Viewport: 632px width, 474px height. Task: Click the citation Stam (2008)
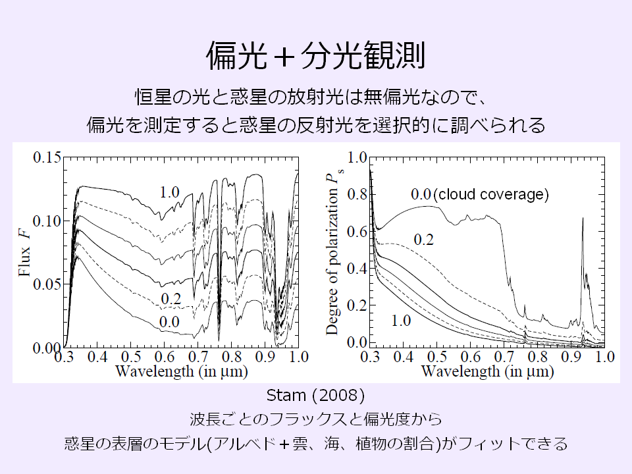click(x=315, y=396)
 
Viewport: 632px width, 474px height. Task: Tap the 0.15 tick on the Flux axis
click(x=47, y=157)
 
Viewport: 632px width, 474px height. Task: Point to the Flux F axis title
click(x=25, y=252)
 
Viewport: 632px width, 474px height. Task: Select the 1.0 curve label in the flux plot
click(x=169, y=192)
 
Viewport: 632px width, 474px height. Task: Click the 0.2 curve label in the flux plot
click(x=171, y=299)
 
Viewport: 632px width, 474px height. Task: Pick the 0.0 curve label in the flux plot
click(x=169, y=322)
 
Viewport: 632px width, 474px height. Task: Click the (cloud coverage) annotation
click(x=491, y=194)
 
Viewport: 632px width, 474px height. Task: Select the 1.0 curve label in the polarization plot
click(x=402, y=321)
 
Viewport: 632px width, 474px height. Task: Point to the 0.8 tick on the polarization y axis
click(x=357, y=194)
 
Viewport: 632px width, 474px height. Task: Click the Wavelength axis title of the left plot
click(x=181, y=371)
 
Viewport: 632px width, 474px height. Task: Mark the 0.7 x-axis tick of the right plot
click(x=504, y=357)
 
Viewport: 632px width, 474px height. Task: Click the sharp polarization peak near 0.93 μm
click(x=583, y=221)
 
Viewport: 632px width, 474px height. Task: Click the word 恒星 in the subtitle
click(x=150, y=96)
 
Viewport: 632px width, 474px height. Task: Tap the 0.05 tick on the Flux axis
click(x=47, y=284)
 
